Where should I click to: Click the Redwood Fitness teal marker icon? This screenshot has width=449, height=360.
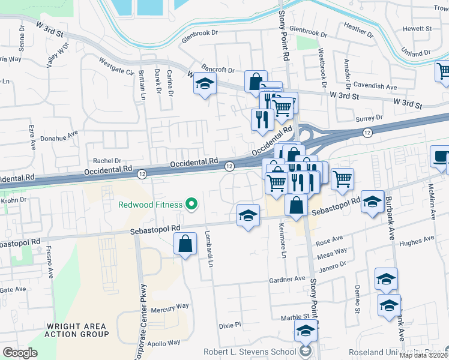[192, 205]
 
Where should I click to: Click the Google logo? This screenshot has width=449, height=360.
[20, 352]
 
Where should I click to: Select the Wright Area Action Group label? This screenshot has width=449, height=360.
[77, 330]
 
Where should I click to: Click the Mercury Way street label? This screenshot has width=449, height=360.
[170, 307]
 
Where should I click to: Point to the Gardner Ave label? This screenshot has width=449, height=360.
[288, 280]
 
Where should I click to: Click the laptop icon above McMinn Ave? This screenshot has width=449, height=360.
[439, 158]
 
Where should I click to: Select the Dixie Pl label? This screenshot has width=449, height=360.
[229, 325]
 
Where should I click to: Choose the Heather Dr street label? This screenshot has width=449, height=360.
[358, 30]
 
